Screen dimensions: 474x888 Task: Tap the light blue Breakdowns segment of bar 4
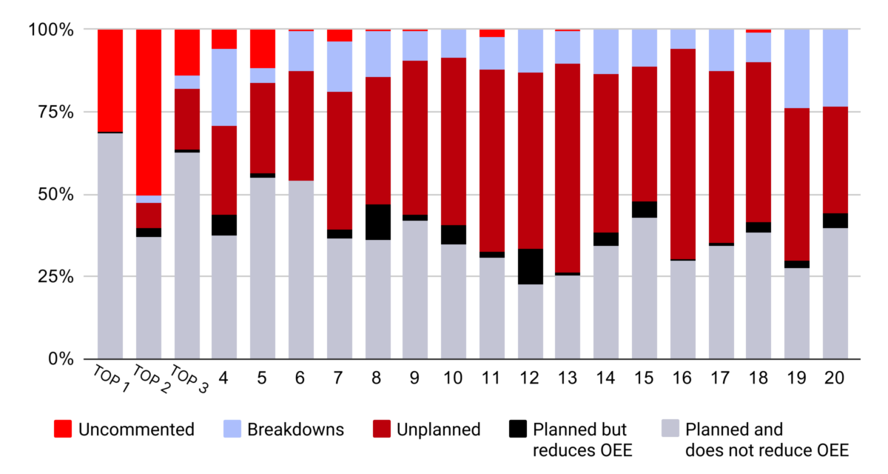tap(224, 87)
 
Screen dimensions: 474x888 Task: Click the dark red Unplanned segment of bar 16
tap(682, 154)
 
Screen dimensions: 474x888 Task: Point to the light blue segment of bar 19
tap(797, 69)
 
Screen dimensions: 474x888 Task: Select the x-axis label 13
tap(568, 378)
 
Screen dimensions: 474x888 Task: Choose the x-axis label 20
tap(835, 378)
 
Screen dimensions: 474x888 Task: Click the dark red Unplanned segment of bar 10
tap(454, 141)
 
